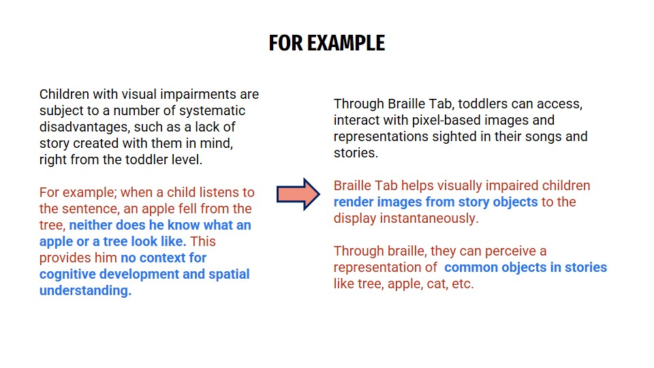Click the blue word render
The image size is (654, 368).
coord(354,202)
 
